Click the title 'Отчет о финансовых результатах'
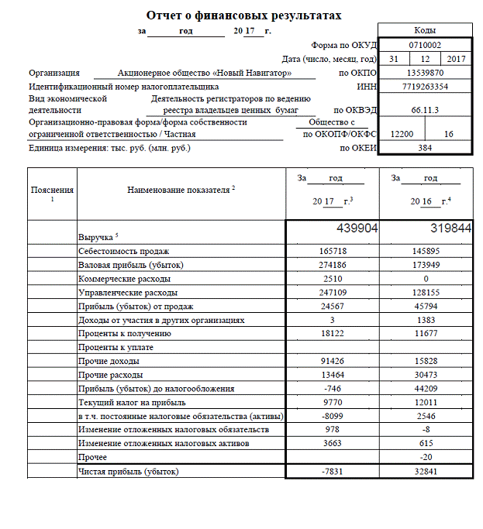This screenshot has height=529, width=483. coord(243,15)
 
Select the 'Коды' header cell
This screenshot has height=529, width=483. coord(425,31)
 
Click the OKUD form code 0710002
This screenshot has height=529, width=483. coord(425,46)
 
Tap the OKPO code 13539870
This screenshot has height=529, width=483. coord(425,74)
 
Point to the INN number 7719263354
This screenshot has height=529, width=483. coord(425,88)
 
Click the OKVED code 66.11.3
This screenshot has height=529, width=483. coord(425,111)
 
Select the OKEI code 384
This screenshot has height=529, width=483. coord(425,147)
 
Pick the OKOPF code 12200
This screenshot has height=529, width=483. coord(402,134)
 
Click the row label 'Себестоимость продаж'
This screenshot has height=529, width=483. coord(123,252)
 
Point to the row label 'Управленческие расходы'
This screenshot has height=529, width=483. coord(128,293)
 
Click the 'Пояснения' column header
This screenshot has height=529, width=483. coord(53,190)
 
